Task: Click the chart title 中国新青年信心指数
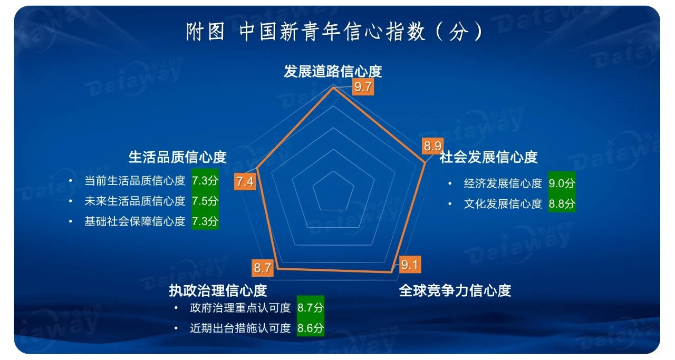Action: tap(332, 31)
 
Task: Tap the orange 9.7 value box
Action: tap(363, 87)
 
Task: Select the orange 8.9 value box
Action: tap(432, 146)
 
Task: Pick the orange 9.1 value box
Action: tap(410, 265)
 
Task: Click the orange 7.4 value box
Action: tap(245, 182)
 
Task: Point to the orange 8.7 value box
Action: tap(263, 268)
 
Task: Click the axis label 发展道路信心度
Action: tap(333, 71)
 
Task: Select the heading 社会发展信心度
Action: tap(488, 157)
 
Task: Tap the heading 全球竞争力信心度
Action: tap(455, 290)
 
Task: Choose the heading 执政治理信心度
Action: tap(218, 290)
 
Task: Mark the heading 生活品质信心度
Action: tap(178, 157)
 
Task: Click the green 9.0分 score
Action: tap(562, 183)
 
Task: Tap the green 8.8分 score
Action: tap(562, 203)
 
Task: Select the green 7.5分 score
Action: tap(205, 201)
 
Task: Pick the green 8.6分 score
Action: tap(311, 327)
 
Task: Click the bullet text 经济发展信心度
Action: tap(503, 183)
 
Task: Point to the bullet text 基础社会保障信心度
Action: tap(134, 221)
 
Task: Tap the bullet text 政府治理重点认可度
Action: tap(240, 308)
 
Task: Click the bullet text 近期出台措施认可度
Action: tap(240, 328)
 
